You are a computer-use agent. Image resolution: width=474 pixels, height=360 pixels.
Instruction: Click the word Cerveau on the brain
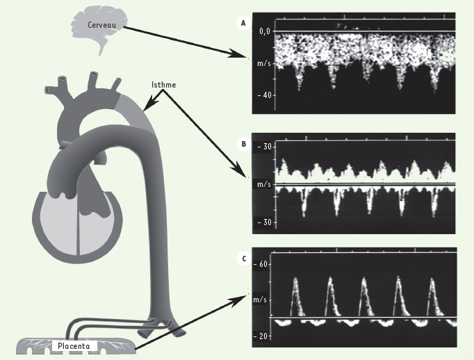pos(102,25)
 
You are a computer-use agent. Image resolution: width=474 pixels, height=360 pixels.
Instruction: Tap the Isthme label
pos(163,85)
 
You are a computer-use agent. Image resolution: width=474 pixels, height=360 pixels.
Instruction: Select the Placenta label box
pos(74,346)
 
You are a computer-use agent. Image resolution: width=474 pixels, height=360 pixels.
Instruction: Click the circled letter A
pos(244,23)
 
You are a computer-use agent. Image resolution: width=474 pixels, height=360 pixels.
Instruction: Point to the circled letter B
pos(244,144)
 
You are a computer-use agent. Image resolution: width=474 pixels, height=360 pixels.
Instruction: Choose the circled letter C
pos(244,259)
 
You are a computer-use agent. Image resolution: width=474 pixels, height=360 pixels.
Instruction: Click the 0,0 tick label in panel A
pos(265,31)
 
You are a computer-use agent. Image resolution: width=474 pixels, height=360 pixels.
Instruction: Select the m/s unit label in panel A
pos(264,63)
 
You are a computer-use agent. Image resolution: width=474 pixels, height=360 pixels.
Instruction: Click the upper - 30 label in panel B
pos(264,147)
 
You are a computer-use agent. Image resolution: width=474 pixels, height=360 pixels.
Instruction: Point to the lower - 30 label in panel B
pos(264,222)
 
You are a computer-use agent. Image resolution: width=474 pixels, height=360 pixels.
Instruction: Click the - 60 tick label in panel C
pos(260,264)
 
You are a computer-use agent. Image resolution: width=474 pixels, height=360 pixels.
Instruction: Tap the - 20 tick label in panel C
pos(260,336)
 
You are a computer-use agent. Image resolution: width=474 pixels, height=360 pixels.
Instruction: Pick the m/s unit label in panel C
pos(260,300)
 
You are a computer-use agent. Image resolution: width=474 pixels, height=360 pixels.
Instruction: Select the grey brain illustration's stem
pos(101,49)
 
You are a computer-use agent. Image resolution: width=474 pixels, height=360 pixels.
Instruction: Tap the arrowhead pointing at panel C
pos(240,300)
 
